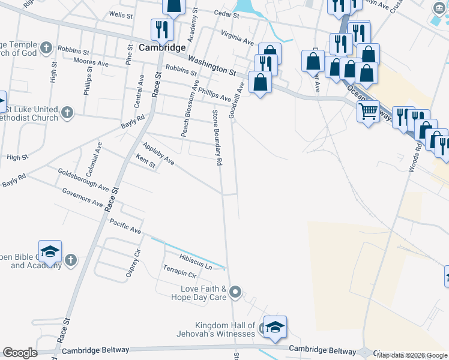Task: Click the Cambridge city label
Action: click(x=153, y=47)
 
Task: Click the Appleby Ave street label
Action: click(x=158, y=154)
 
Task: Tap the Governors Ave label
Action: click(x=82, y=197)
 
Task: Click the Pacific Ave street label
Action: click(x=125, y=226)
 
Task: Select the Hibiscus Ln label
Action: click(x=187, y=262)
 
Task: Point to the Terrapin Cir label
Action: click(x=179, y=274)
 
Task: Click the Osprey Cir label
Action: click(x=133, y=263)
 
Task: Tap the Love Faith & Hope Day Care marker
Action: click(x=235, y=293)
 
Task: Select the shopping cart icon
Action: click(x=367, y=110)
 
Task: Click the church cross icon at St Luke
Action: click(x=68, y=112)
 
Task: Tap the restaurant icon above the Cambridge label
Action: click(x=161, y=29)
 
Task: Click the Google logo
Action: click(x=19, y=353)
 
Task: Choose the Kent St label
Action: click(x=146, y=161)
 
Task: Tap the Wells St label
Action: click(x=121, y=14)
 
